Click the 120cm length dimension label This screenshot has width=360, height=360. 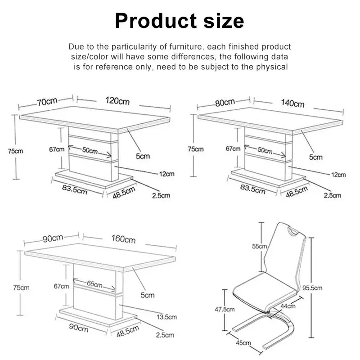117,101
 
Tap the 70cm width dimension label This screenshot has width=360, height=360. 47,102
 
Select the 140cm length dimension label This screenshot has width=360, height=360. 293,103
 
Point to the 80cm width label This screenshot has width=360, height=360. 225,103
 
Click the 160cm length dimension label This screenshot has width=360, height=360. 123,239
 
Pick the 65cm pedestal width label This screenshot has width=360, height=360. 94,284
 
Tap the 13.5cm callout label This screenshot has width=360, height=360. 166,317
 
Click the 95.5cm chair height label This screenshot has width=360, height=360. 312,288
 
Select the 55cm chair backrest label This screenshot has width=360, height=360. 260,246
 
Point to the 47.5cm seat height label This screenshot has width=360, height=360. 225,309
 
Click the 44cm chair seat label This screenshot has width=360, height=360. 288,306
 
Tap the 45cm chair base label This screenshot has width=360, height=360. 243,343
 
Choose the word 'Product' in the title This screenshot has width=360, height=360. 156,21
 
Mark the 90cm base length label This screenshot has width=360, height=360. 79,328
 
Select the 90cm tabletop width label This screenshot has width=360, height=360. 53,238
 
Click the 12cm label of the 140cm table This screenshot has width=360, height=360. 338,175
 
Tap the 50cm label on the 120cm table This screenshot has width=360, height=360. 90,150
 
